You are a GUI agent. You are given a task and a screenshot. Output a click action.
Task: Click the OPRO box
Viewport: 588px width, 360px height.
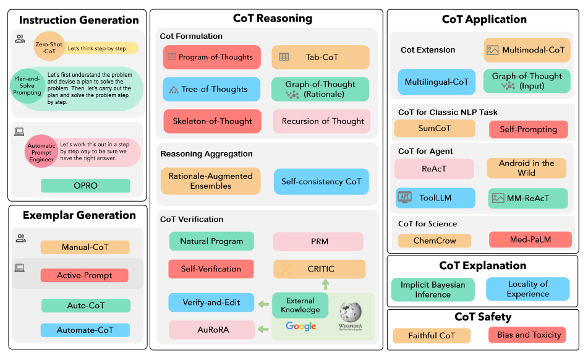pyautogui.click(x=85, y=186)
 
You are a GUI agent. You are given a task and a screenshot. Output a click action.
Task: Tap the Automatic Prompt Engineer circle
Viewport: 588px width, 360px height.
pyautogui.click(x=41, y=151)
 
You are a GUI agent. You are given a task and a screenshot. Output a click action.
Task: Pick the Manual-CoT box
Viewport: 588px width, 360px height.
pyautogui.click(x=85, y=247)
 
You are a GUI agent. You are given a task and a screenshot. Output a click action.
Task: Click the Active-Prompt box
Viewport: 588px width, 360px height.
pyautogui.click(x=84, y=275)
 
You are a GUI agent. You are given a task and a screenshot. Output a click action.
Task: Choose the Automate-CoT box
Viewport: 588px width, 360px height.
pyautogui.click(x=85, y=330)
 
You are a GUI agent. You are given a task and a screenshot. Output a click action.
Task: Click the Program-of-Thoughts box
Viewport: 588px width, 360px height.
pyautogui.click(x=212, y=58)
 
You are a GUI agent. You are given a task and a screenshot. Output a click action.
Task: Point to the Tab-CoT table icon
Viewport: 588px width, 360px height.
pyautogui.click(x=284, y=58)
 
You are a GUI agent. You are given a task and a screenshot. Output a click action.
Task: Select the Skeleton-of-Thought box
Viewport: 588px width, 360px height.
pyautogui.click(x=212, y=121)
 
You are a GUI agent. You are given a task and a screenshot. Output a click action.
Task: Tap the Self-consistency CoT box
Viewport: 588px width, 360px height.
pyautogui.click(x=321, y=181)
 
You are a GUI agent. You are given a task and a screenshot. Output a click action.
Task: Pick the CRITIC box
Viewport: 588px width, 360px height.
pyautogui.click(x=320, y=269)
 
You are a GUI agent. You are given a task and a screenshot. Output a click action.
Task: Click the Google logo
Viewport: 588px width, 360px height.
pyautogui.click(x=301, y=327)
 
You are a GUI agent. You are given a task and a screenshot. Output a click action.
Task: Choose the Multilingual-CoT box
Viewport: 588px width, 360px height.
pyautogui.click(x=437, y=82)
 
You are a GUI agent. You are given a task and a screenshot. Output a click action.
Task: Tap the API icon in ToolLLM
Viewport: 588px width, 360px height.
pyautogui.click(x=405, y=198)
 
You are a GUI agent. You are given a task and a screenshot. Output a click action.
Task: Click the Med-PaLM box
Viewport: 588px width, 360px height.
pyautogui.click(x=530, y=240)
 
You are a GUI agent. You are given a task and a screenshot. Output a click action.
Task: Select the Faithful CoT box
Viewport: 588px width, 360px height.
pyautogui.click(x=431, y=336)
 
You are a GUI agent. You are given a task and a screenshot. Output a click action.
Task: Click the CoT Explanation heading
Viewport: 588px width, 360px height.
pyautogui.click(x=482, y=266)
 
